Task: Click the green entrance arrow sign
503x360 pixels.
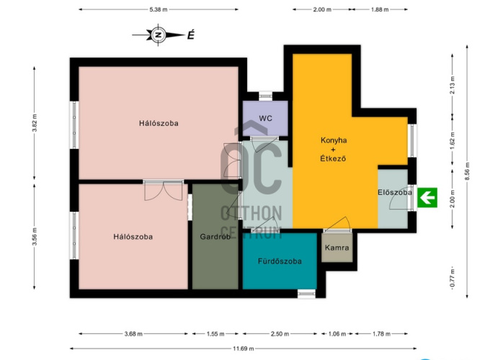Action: click(427, 197)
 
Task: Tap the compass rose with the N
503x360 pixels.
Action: click(159, 35)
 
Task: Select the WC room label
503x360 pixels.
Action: click(265, 118)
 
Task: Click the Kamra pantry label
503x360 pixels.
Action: click(337, 248)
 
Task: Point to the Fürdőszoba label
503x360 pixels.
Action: click(280, 261)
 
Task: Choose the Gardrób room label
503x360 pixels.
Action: click(215, 237)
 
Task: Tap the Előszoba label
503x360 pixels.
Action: click(395, 192)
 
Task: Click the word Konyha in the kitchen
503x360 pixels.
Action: click(334, 140)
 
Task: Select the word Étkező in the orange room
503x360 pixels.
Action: click(333, 158)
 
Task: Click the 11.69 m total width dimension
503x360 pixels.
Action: click(243, 348)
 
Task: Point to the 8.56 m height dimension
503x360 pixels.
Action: click(467, 171)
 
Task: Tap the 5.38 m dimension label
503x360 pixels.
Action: click(159, 9)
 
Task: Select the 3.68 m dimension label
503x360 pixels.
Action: click(133, 333)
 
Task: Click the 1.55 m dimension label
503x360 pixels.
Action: click(215, 333)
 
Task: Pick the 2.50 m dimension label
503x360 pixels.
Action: click(280, 333)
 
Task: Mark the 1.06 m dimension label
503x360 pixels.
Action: click(337, 333)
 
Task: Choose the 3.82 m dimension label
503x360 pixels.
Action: click(35, 123)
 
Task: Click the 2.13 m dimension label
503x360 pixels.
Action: click(453, 85)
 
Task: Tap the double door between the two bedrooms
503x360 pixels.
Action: click(164, 190)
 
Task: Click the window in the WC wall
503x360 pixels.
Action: click(265, 96)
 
